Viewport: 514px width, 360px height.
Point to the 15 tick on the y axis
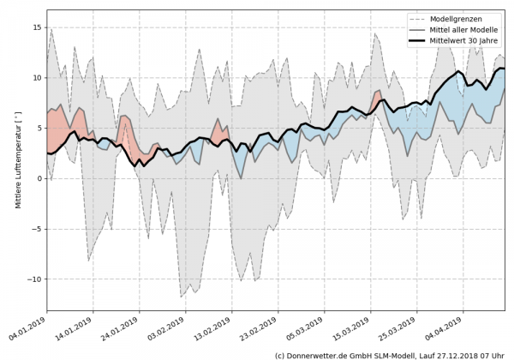[x=37, y=27]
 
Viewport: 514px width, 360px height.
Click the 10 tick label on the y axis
[x=37, y=78]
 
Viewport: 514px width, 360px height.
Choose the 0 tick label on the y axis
[x=39, y=178]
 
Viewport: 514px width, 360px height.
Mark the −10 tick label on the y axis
[x=34, y=279]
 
